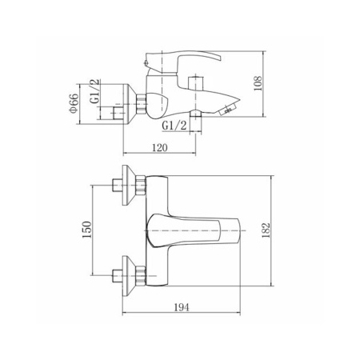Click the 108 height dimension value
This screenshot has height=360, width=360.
258,83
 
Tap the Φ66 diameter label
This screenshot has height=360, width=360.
74,103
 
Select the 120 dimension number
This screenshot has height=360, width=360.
160,147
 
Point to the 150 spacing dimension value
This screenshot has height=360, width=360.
87,230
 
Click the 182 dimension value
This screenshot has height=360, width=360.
266,230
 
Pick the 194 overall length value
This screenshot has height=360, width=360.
182,307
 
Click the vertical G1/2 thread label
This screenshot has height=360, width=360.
95,91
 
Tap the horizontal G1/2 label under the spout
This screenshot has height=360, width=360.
174,126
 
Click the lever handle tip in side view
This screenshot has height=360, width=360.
219,58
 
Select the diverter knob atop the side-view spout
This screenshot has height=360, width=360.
196,82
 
